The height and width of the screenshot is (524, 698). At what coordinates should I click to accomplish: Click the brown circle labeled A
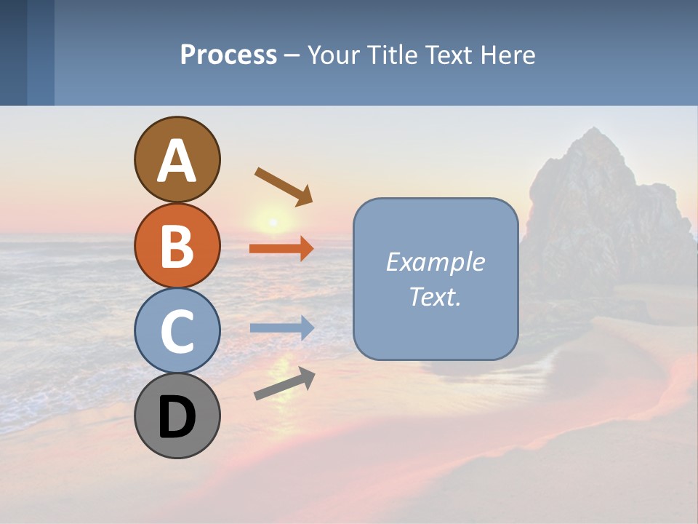point(177,160)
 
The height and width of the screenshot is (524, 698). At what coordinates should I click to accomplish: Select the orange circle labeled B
point(177,245)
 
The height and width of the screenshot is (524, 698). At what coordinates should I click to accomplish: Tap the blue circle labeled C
point(177,330)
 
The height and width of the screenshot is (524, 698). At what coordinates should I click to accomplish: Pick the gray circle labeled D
point(177,416)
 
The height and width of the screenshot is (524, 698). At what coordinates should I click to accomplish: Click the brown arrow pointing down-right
point(284,186)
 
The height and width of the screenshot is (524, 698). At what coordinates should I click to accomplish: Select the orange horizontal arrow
point(281,249)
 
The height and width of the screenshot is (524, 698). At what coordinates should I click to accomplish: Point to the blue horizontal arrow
point(281,328)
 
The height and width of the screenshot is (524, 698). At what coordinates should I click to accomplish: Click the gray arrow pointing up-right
point(284,384)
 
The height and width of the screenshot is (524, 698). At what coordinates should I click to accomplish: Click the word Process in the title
point(228,55)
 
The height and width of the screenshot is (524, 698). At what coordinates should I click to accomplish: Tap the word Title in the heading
point(390,55)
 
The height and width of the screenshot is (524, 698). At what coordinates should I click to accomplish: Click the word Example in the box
point(436,262)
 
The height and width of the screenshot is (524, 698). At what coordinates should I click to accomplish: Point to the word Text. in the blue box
point(436,296)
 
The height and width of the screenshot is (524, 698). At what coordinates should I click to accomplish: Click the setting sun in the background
point(273,221)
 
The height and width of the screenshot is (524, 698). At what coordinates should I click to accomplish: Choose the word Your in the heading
point(333,55)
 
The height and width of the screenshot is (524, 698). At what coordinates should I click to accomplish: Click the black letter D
point(177,417)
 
